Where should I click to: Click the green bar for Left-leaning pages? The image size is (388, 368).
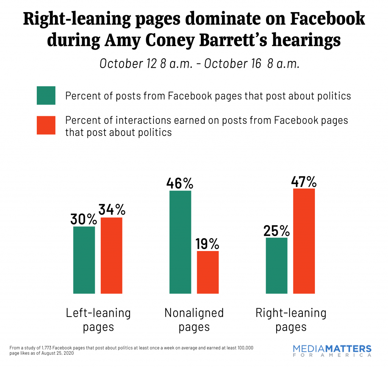(x=84, y=260)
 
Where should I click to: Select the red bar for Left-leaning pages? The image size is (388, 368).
(x=111, y=255)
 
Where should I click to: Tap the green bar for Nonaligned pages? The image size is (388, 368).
(x=180, y=242)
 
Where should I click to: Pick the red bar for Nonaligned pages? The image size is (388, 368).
(x=208, y=272)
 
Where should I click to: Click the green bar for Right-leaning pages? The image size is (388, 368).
(x=277, y=265)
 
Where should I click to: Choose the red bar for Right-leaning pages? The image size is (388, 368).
(x=304, y=241)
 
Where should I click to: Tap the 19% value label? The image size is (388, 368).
(x=208, y=244)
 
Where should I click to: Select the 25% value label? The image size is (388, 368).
(x=276, y=231)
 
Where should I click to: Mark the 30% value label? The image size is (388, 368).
(x=84, y=219)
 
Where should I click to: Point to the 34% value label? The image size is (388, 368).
(x=112, y=210)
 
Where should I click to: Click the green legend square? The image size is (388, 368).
(x=46, y=95)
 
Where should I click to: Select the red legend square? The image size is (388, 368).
(x=46, y=125)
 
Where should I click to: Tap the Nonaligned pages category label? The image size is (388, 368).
(x=194, y=319)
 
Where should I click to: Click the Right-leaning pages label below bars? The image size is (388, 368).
(x=291, y=319)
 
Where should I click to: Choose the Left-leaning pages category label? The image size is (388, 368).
(x=98, y=319)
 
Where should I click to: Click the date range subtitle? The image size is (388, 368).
(x=200, y=63)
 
